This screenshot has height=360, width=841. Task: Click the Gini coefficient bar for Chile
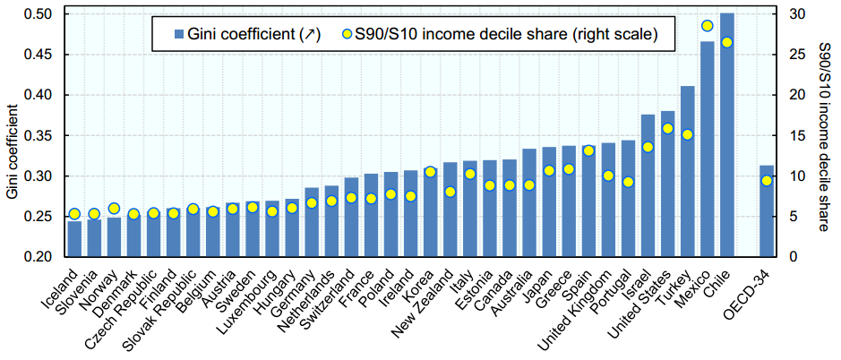[727, 134]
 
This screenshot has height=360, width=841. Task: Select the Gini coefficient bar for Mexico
[708, 152]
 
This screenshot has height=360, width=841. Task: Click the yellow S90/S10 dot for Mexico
[708, 26]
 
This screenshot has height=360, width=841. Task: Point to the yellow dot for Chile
[727, 42]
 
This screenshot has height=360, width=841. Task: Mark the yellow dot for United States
[668, 128]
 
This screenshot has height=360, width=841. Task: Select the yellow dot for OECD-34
[767, 180]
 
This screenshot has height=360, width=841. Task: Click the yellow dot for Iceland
[74, 214]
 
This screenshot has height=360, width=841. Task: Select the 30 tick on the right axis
[794, 14]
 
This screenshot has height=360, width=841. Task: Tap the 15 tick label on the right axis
[794, 136]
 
